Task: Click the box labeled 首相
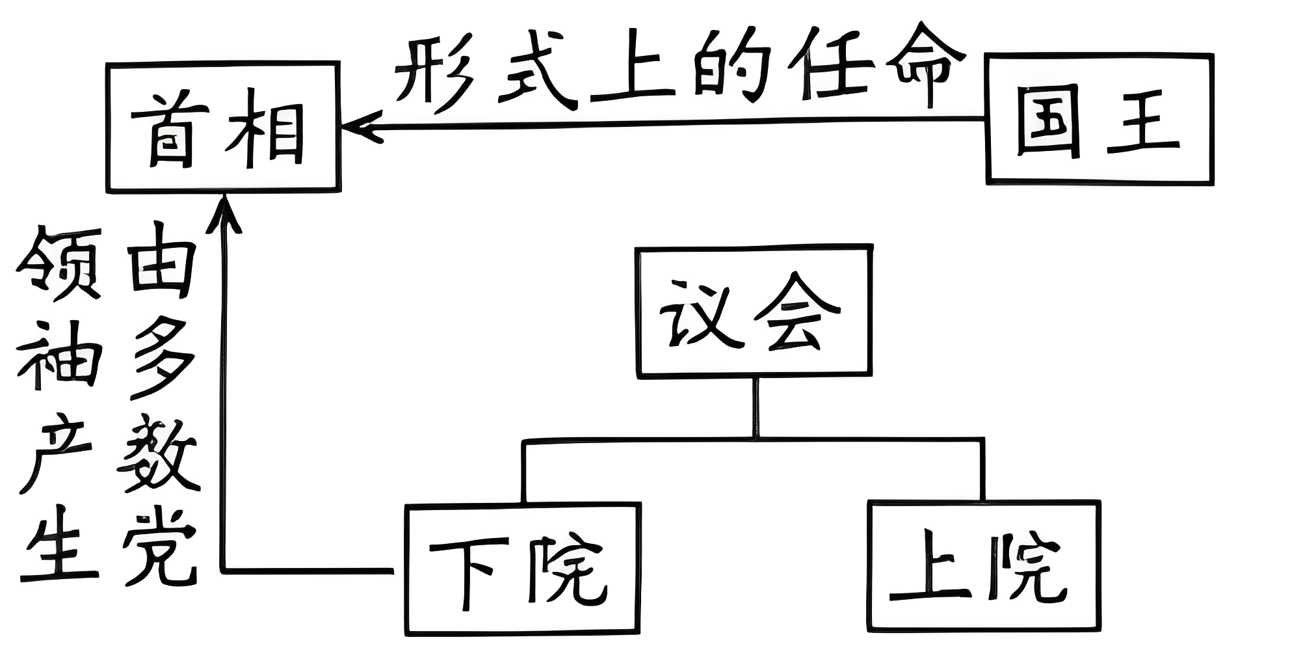point(223,127)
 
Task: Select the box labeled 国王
point(1099,119)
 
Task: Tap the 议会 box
point(754,311)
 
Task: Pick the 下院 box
point(523,568)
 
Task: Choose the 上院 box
point(984,566)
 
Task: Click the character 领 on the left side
point(59,263)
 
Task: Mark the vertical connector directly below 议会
point(755,407)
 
